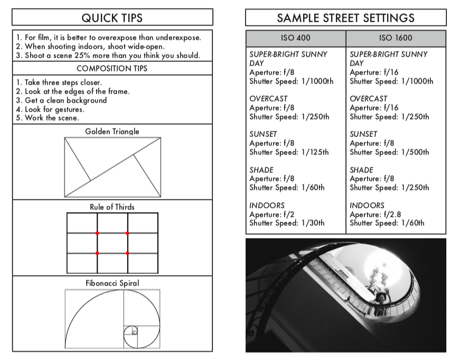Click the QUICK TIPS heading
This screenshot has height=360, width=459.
tap(112, 17)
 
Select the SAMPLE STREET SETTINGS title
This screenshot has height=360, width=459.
tap(346, 17)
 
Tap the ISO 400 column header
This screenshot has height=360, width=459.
tap(296, 38)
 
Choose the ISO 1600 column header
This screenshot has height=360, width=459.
tap(396, 38)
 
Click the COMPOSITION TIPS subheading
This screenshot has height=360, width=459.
tap(112, 69)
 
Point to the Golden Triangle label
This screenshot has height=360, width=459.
tap(112, 131)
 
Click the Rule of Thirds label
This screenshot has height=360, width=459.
tap(112, 207)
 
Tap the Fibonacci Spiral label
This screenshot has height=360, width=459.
tap(112, 283)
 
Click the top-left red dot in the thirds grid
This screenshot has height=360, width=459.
tap(97, 233)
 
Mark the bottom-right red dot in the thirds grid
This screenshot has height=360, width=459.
tap(127, 253)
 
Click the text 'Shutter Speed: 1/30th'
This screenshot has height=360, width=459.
tap(287, 223)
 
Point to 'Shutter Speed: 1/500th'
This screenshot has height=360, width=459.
tap(389, 152)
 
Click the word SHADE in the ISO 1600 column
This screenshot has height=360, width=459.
tap(361, 170)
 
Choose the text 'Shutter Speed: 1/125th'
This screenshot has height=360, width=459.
tap(289, 152)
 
